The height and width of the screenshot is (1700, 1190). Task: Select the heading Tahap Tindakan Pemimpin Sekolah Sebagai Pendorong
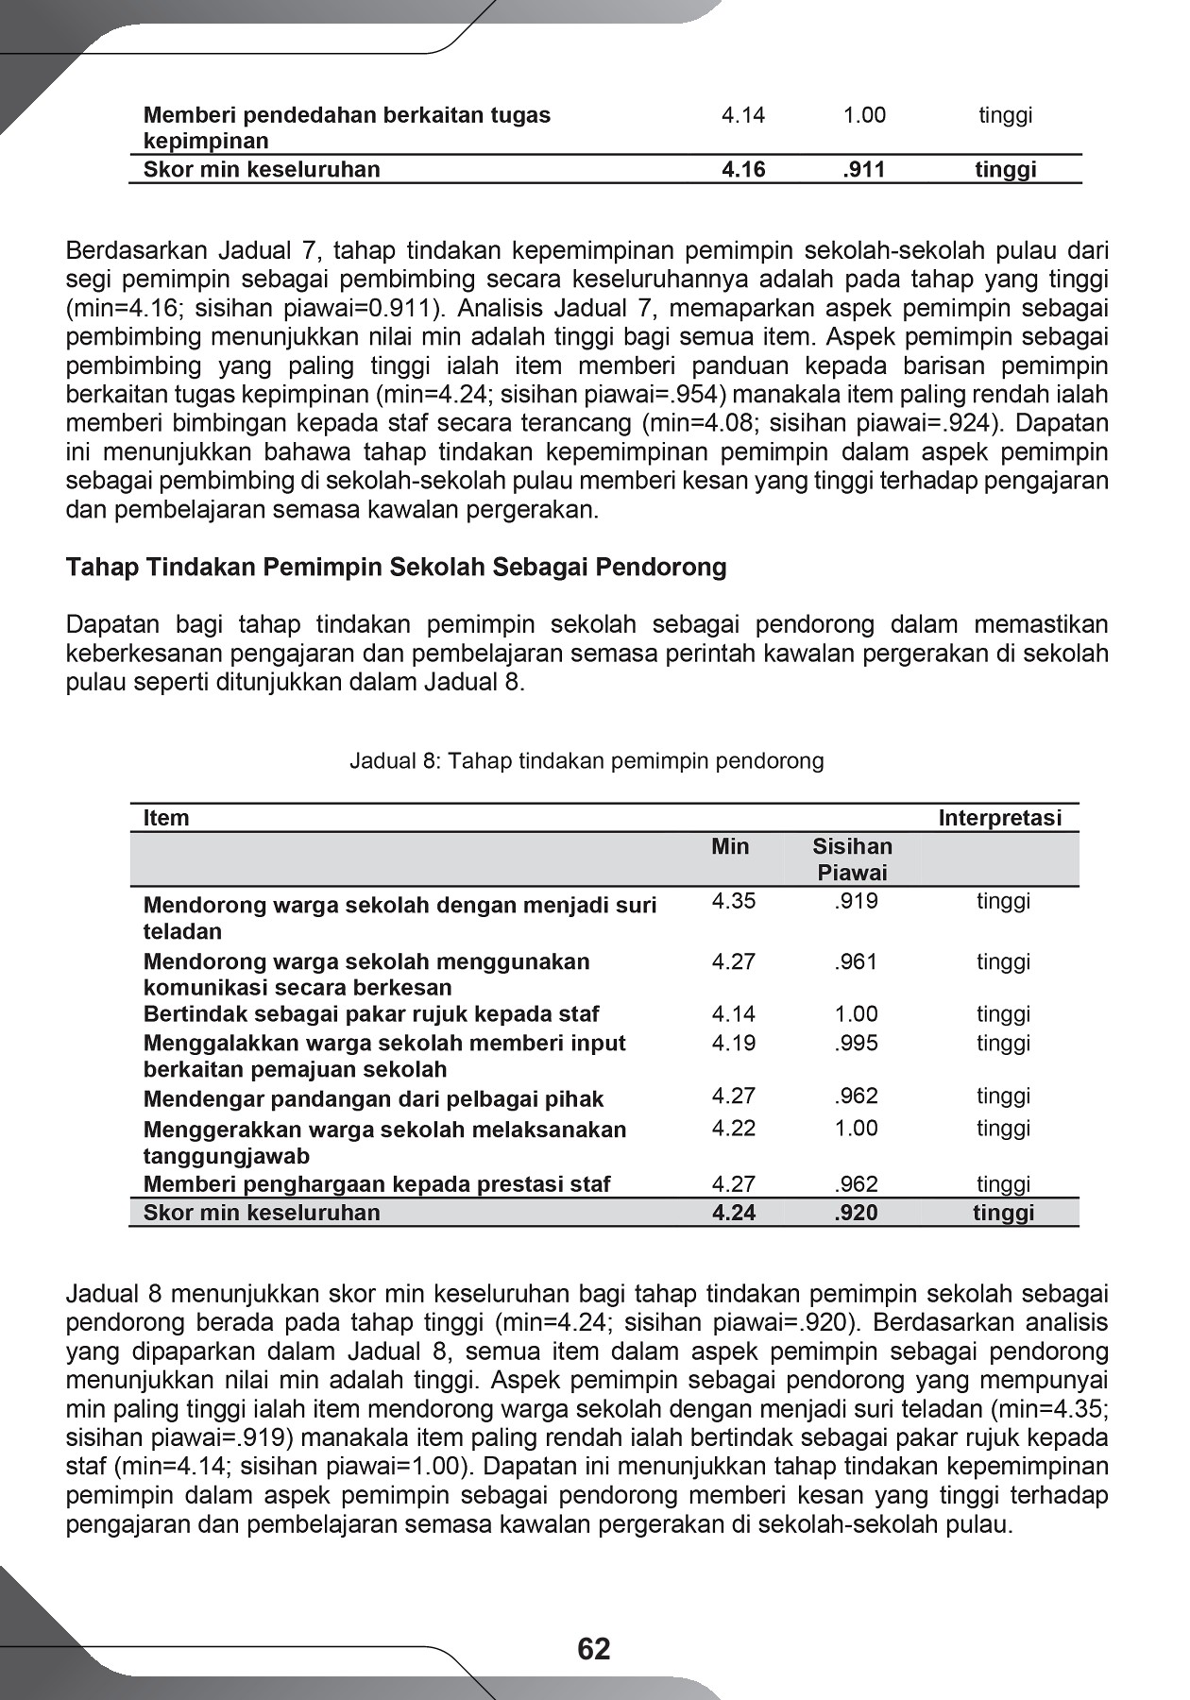click(x=396, y=568)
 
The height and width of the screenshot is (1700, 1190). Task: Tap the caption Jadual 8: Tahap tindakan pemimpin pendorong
click(x=586, y=761)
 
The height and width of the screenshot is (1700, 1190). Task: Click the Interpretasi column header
click(x=999, y=818)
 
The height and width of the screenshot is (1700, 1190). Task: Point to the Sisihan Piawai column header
click(x=852, y=859)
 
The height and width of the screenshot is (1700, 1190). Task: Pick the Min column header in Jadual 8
click(x=730, y=846)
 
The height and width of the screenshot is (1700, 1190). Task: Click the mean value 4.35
click(x=734, y=901)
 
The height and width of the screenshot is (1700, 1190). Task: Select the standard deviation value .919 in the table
click(x=856, y=901)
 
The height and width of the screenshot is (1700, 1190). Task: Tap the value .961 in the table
click(x=856, y=962)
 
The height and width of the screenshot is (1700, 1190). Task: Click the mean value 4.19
click(x=734, y=1044)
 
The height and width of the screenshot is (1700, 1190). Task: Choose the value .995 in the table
click(x=856, y=1044)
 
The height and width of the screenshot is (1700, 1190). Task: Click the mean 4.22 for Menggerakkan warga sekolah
click(x=734, y=1129)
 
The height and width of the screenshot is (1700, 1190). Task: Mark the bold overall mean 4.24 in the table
click(x=734, y=1213)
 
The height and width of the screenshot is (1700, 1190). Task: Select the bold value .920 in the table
click(x=856, y=1213)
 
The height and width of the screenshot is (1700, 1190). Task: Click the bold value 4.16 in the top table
click(x=743, y=170)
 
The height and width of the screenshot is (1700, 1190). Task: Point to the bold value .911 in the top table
click(x=863, y=170)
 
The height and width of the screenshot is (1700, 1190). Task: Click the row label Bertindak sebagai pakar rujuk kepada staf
click(x=371, y=1014)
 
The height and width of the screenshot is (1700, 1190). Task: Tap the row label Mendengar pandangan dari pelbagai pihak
click(x=373, y=1099)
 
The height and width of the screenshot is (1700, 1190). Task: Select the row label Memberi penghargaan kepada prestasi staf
click(x=377, y=1184)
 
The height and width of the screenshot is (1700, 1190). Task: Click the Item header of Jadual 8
click(x=166, y=818)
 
